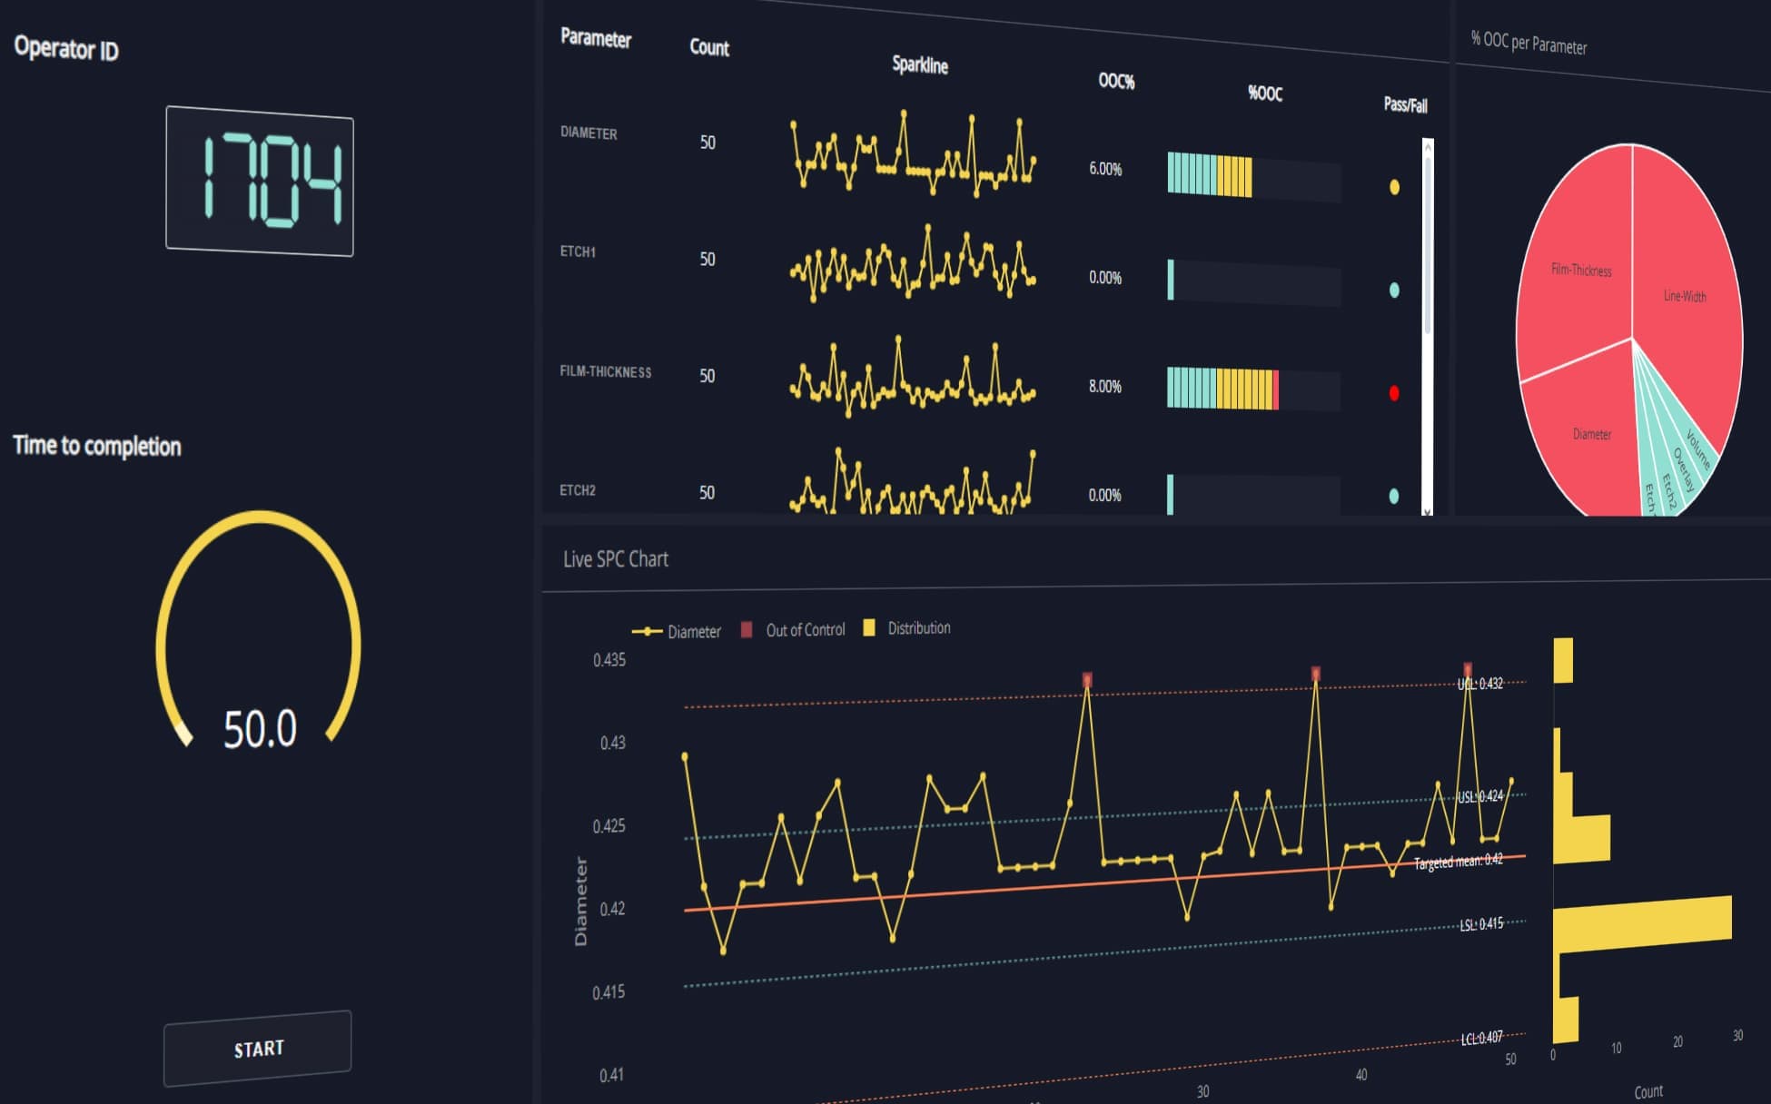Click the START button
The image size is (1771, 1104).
click(258, 1049)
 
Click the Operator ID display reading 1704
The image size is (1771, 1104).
click(260, 182)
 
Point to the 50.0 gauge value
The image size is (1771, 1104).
click(260, 729)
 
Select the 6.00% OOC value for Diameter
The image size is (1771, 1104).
click(1105, 169)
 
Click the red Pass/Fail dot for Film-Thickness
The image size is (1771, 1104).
click(1394, 393)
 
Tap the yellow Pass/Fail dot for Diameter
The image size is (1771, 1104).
click(1394, 188)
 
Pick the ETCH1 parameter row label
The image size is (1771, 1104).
click(578, 251)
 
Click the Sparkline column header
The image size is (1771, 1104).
click(919, 65)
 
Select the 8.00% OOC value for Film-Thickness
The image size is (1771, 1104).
click(1105, 387)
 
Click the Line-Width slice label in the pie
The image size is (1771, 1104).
click(1684, 296)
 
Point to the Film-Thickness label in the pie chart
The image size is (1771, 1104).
click(1581, 270)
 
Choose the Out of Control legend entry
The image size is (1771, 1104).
click(805, 629)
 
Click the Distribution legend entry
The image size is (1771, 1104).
click(918, 627)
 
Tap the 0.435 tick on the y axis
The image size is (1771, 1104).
click(608, 660)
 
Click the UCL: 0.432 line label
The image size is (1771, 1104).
click(1480, 684)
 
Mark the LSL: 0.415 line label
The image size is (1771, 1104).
click(1481, 924)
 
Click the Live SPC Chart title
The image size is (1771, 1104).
click(615, 559)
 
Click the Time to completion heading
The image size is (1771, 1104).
click(97, 446)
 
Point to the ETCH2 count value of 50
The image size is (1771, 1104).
click(707, 492)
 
